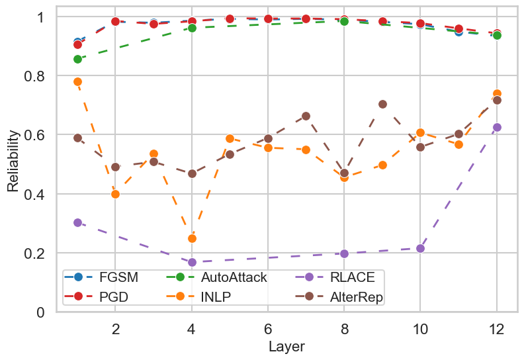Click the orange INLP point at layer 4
click(x=192, y=238)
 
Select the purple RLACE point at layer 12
click(x=497, y=127)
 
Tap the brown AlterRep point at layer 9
click(x=382, y=104)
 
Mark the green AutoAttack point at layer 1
click(x=77, y=59)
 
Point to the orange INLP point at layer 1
click(x=77, y=81)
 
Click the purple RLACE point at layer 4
click(x=192, y=262)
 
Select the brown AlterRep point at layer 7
click(x=306, y=116)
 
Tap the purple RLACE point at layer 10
click(x=421, y=248)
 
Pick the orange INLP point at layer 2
click(x=116, y=194)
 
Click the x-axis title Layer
click(x=286, y=347)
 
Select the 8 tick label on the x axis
click(x=344, y=328)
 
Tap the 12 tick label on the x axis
click(x=497, y=328)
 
